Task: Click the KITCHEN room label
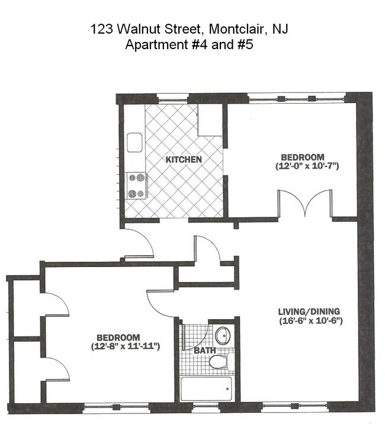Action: click(x=184, y=160)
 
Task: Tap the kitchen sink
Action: click(x=133, y=143)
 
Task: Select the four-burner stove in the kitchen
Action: click(x=136, y=185)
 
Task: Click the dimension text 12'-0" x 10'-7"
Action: click(x=306, y=166)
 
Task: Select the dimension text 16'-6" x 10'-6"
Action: click(x=310, y=321)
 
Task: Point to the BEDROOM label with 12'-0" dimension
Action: click(x=302, y=157)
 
